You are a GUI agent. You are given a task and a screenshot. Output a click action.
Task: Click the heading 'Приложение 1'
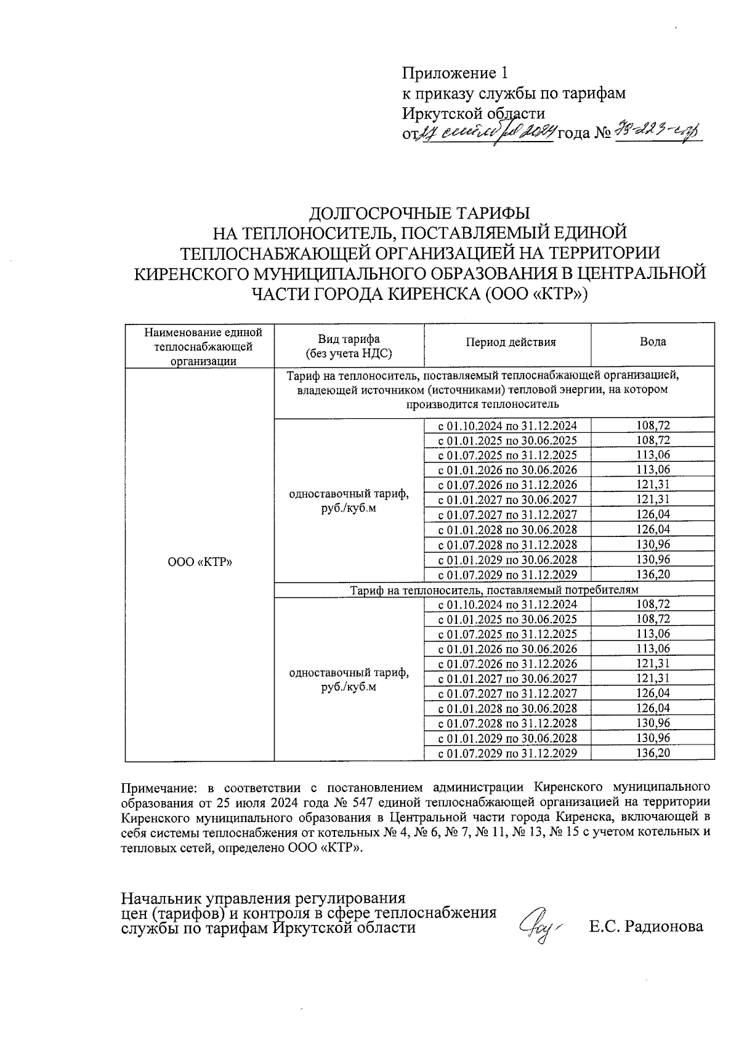(x=455, y=74)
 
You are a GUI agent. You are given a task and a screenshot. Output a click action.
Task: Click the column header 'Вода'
(x=652, y=342)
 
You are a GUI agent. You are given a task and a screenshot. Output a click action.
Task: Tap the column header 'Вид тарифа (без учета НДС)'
(x=349, y=347)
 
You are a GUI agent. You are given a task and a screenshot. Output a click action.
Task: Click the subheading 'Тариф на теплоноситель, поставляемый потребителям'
(x=495, y=590)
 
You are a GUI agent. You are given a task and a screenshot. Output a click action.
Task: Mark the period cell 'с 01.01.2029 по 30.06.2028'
(x=507, y=560)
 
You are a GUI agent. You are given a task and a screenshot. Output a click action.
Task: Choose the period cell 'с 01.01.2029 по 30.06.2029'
(x=507, y=738)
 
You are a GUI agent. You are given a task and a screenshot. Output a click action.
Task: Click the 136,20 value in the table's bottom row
(x=652, y=752)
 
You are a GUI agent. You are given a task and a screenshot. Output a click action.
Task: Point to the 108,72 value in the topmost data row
(x=652, y=426)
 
